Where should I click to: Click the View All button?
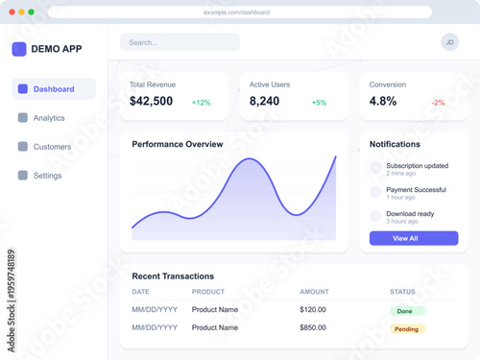click(x=414, y=238)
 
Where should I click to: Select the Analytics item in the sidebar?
click(x=49, y=118)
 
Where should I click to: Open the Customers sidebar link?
click(x=52, y=147)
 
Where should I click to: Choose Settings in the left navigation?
click(x=47, y=176)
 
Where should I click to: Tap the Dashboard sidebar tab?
click(x=54, y=89)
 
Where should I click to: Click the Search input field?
click(x=180, y=42)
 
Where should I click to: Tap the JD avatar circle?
click(x=449, y=42)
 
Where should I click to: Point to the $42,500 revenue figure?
click(x=152, y=102)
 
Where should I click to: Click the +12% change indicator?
click(x=201, y=103)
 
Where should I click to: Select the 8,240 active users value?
click(x=264, y=102)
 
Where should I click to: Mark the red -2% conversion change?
click(x=438, y=103)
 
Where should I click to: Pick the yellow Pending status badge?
click(x=407, y=328)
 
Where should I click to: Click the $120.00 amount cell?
click(x=313, y=309)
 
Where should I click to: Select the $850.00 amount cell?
click(x=313, y=327)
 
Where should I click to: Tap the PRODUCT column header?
click(x=208, y=292)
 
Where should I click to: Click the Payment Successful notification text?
click(x=416, y=190)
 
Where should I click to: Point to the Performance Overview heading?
click(x=178, y=144)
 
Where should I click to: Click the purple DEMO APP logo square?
click(x=19, y=49)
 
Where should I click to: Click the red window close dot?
click(x=11, y=12)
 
